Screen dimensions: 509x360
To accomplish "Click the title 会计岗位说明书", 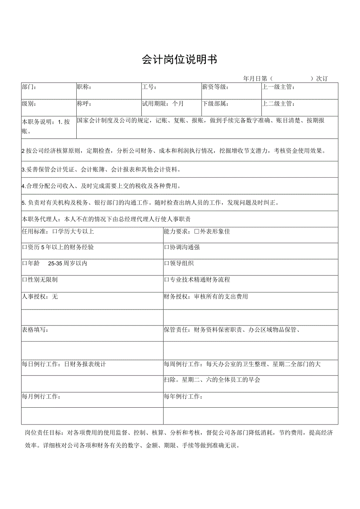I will pos(179,59).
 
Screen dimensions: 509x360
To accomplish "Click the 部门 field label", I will pos(29,87).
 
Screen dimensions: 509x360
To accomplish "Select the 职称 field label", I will pos(84,87).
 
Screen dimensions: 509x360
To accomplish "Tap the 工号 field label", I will pos(149,87).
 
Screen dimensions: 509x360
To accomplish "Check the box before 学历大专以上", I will pos(55,231).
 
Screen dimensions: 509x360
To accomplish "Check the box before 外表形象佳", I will pos(197,231).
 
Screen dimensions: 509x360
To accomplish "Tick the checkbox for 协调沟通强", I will pos(167,247).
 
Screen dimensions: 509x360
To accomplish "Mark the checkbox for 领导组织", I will pos(167,263).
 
